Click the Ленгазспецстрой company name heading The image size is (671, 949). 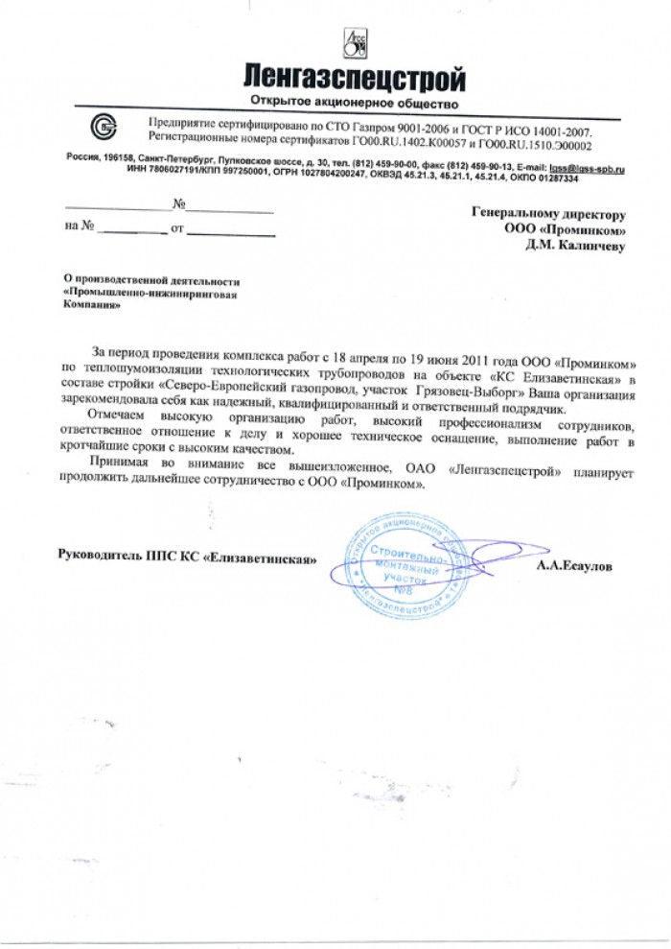354,77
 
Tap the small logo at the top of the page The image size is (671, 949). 355,41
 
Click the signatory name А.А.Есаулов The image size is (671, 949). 573,567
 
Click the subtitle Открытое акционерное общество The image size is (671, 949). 355,102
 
